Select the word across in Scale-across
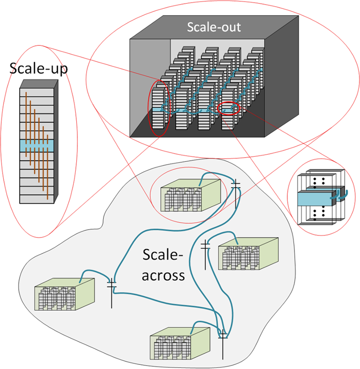163,275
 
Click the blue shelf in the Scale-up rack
37,145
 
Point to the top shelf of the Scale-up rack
37,93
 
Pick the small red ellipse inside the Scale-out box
229,109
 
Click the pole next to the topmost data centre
236,193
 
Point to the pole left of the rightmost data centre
205,254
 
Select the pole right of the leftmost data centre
112,292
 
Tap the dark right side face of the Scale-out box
281,77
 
